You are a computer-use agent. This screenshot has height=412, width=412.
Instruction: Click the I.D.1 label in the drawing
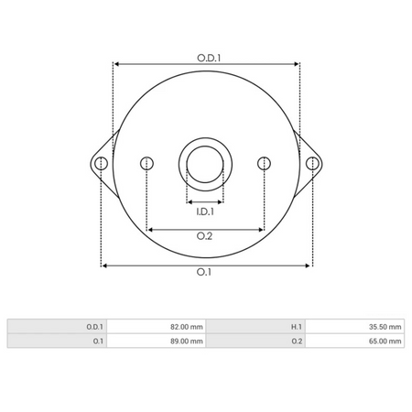(205, 211)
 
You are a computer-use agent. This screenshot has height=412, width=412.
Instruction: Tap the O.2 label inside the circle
(205, 237)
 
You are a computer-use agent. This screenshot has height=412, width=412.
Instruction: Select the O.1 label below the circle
(205, 273)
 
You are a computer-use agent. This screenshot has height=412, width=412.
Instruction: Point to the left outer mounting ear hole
(102, 164)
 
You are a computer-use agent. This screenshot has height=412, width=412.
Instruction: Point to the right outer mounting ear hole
(312, 164)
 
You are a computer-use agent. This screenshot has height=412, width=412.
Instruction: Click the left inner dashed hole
(146, 164)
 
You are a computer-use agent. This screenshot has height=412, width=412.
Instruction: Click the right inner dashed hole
(264, 164)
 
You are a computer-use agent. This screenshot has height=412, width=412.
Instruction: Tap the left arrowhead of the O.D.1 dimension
(115, 64)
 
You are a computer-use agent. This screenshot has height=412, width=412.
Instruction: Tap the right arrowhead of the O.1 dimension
(309, 266)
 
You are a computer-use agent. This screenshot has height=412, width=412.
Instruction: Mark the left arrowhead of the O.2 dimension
(150, 229)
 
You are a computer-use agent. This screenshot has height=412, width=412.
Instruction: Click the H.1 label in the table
(296, 326)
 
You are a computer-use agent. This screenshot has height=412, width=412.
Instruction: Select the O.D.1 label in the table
(94, 326)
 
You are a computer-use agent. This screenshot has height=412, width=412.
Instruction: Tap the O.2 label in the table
(296, 341)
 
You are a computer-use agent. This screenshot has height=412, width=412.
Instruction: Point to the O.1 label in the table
(97, 341)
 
